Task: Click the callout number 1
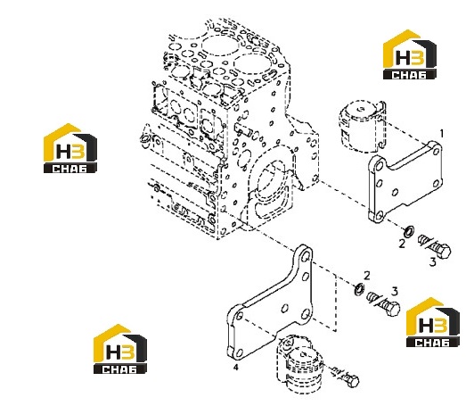tap(442, 134)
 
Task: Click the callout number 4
tap(236, 368)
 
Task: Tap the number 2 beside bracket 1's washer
tap(402, 244)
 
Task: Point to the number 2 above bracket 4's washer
tap(367, 276)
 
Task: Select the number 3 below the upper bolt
tap(433, 262)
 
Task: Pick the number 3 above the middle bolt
tap(395, 291)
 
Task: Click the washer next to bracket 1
tap(410, 231)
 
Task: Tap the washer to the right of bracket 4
tap(360, 289)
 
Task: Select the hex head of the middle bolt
tap(393, 309)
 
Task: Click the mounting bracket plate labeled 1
tap(405, 181)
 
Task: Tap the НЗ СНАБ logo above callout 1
tap(410, 54)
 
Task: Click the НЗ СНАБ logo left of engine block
tap(70, 148)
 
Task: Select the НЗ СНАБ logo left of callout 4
tap(120, 349)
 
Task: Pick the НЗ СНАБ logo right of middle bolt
tap(433, 322)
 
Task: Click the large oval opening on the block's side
tap(272, 181)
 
